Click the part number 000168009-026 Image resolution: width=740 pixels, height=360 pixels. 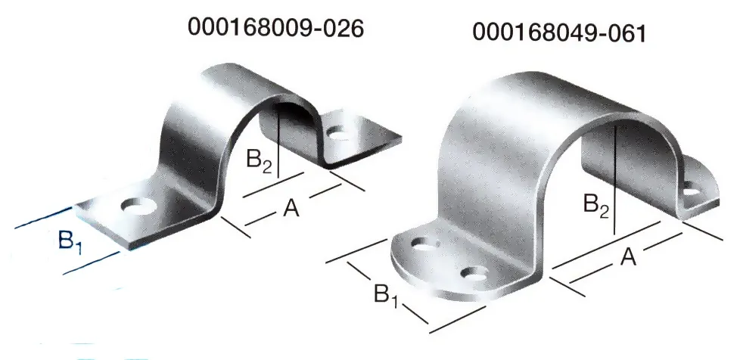277,28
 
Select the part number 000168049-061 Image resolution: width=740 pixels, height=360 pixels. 559,33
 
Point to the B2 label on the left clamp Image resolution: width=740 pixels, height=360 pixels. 260,160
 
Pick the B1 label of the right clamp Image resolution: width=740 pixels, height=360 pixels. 385,294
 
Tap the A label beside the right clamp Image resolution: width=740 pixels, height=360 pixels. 627,258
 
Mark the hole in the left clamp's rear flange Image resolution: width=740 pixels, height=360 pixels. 340,136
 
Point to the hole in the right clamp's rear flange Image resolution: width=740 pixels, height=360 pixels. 692,192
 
